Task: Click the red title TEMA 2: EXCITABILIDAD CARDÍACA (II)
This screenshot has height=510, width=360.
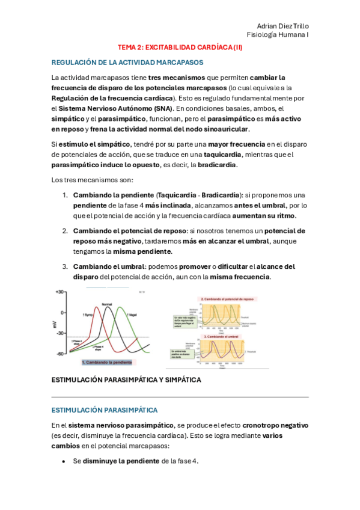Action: (180, 46)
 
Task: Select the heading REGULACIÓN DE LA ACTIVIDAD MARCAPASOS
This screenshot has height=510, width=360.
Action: (127, 62)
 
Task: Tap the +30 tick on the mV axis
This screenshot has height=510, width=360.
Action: (59, 292)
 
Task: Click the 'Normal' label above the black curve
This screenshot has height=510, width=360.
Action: (108, 304)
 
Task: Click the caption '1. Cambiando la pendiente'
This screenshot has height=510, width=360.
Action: (108, 363)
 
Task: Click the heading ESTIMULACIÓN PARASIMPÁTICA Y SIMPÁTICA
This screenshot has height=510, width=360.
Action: (126, 380)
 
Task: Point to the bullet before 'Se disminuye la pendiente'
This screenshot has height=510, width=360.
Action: (64, 461)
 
